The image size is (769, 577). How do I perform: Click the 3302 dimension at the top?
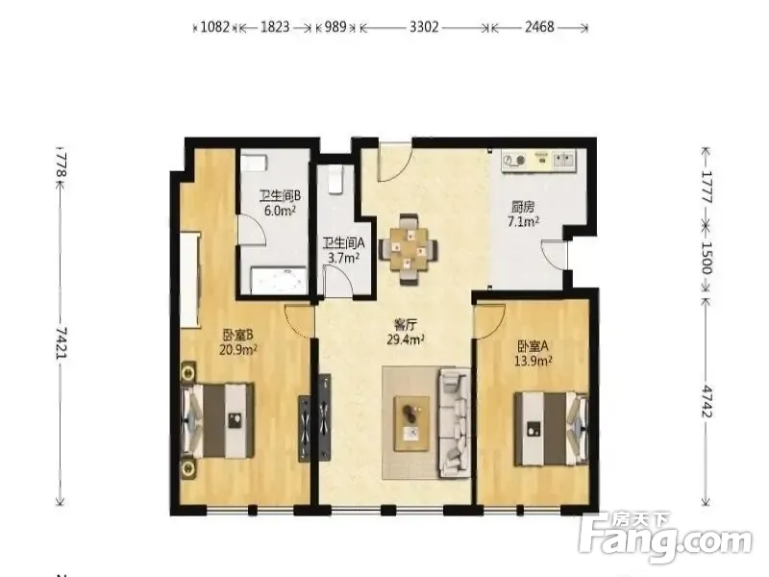tap(424, 27)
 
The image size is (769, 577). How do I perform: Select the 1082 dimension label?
tap(214, 27)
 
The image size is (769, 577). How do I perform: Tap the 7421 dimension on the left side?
tap(61, 343)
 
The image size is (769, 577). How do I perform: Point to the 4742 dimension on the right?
tap(706, 401)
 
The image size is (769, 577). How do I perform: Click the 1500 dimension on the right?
tap(706, 258)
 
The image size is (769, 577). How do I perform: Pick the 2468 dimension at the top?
tap(539, 27)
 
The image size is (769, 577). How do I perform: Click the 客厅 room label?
tap(406, 324)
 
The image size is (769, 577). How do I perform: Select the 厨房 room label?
tap(523, 207)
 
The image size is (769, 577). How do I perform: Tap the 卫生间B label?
tap(280, 196)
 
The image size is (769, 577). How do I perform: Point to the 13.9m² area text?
tap(533, 362)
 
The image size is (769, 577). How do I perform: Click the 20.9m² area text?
tap(238, 349)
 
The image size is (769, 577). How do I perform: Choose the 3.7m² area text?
tap(343, 258)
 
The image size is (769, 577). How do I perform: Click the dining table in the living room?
tap(408, 250)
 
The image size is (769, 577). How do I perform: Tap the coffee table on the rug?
tap(412, 423)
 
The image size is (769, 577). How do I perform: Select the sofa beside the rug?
tap(454, 423)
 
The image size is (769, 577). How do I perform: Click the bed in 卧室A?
tap(551, 428)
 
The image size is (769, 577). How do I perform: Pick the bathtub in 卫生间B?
tap(279, 281)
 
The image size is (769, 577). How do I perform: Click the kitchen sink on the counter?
tap(564, 160)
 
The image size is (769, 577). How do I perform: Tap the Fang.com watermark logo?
tap(665, 539)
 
